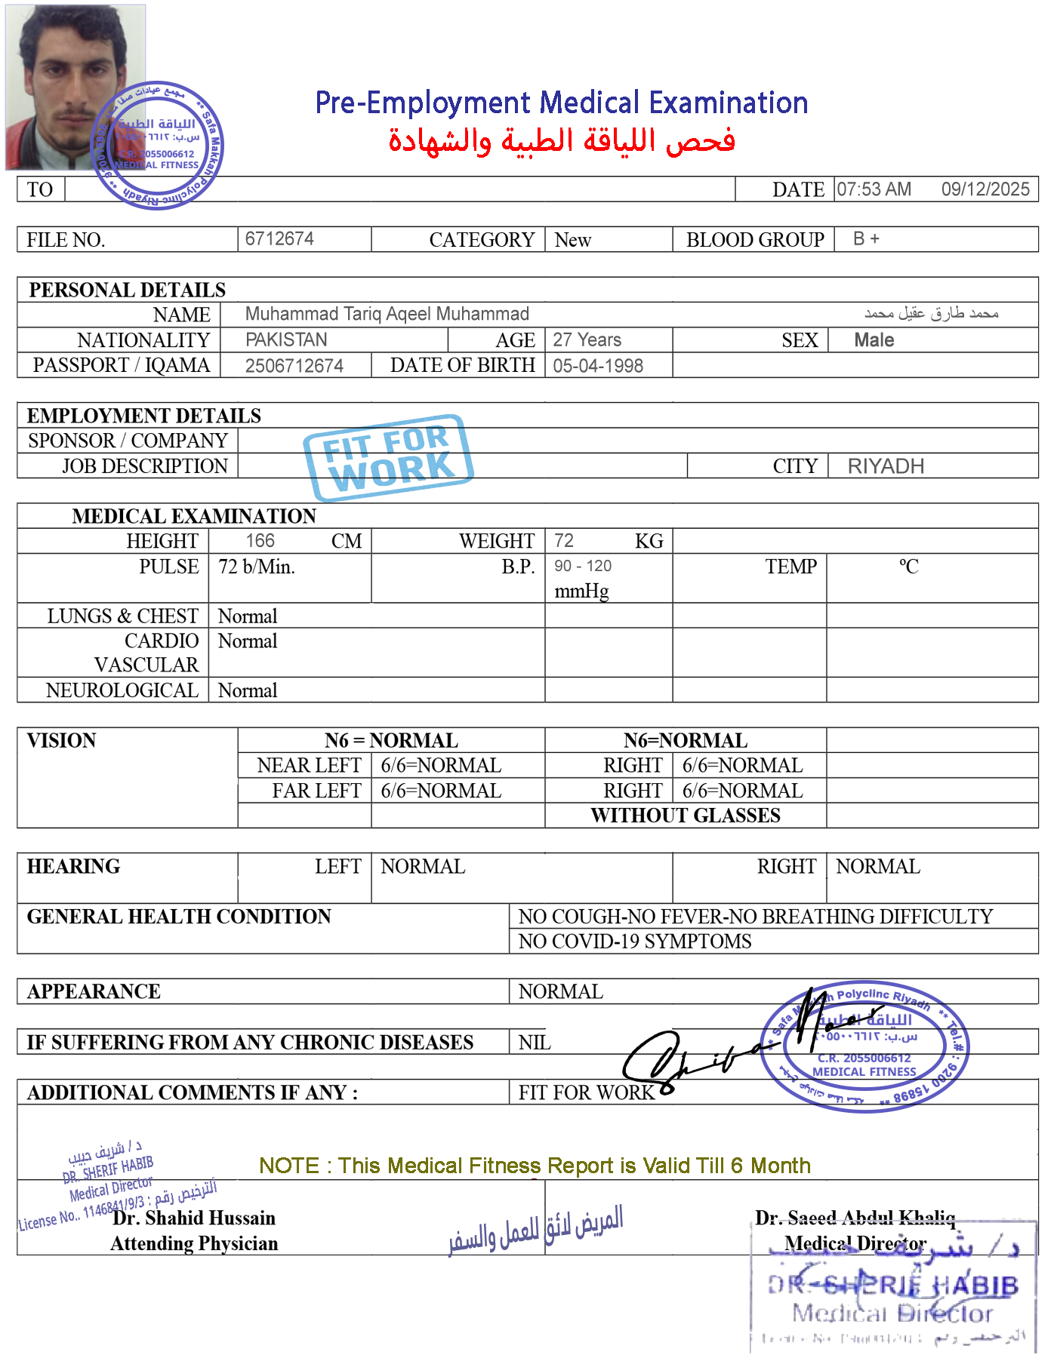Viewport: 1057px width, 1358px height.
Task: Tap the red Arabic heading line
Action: pyautogui.click(x=562, y=141)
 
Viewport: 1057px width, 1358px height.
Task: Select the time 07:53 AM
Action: pyautogui.click(x=874, y=189)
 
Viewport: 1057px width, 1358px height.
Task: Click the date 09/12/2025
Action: pyautogui.click(x=985, y=189)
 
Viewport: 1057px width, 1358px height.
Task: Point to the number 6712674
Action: pyautogui.click(x=279, y=238)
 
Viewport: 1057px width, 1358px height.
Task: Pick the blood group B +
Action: pyautogui.click(x=866, y=238)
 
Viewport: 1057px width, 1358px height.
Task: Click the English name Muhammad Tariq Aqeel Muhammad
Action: pyautogui.click(x=387, y=314)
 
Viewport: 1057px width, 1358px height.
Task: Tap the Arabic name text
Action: pyautogui.click(x=931, y=312)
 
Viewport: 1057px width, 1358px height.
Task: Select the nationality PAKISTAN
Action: pyautogui.click(x=286, y=339)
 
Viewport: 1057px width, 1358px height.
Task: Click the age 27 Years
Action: pyautogui.click(x=587, y=339)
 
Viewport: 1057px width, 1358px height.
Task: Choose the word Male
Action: pyautogui.click(x=874, y=340)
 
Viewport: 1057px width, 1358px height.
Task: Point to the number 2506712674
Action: pyautogui.click(x=294, y=366)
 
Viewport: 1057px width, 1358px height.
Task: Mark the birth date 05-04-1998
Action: pyautogui.click(x=598, y=366)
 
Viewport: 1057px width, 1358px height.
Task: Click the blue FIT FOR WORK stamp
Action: pyautogui.click(x=388, y=457)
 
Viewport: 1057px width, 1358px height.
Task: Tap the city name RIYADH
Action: pyautogui.click(x=886, y=466)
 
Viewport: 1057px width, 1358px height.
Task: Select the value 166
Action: pyautogui.click(x=260, y=540)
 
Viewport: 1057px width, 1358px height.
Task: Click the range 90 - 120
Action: pyautogui.click(x=583, y=567)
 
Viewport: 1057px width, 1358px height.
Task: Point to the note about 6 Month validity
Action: pyautogui.click(x=534, y=1166)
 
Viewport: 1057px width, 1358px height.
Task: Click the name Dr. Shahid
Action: pyautogui.click(x=158, y=1218)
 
